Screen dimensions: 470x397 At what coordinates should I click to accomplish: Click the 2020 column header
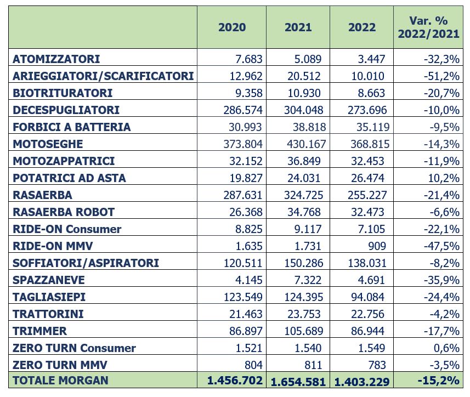pos(232,27)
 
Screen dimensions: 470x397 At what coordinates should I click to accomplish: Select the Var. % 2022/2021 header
pos(428,27)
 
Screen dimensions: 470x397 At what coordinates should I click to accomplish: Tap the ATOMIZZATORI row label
pos(56,59)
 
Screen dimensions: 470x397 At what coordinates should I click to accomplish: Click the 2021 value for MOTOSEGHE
pos(306,144)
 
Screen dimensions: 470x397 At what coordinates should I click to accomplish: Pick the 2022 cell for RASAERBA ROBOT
pos(367,212)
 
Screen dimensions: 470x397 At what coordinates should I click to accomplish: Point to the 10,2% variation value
pos(444,178)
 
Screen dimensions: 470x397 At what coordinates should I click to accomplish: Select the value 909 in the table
pos(377,246)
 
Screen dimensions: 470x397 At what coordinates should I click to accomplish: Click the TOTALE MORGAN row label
pos(60,380)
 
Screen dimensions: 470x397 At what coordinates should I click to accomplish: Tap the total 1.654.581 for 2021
pos(298,382)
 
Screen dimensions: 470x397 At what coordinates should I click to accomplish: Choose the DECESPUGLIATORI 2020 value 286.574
pos(243,110)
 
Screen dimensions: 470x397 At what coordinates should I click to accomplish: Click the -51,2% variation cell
pos(441,76)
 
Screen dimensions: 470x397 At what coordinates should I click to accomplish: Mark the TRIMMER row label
pos(39,331)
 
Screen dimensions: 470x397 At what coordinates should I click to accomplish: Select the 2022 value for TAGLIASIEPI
pos(367,297)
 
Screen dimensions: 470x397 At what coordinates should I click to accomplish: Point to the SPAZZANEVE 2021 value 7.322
pos(308,280)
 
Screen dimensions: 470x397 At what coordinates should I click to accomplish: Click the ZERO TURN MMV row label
pos(60,365)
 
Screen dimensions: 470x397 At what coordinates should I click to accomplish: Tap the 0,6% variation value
pos(446,348)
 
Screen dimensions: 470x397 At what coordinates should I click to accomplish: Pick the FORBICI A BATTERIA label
pos(72,127)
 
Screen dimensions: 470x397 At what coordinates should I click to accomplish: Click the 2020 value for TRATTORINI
pos(246,314)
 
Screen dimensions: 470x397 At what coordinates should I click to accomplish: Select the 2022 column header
pos(362,27)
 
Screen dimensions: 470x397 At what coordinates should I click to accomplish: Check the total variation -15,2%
pos(439,380)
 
